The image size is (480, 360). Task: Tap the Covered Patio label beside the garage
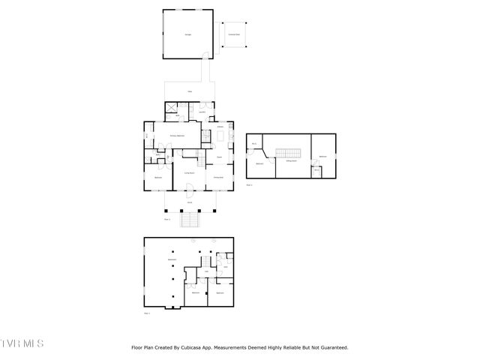pos(235,34)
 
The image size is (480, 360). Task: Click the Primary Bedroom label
pos(176,135)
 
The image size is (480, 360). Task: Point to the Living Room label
pos(190,172)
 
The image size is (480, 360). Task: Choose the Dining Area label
pos(219,177)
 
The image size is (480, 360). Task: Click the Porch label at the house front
pos(190,202)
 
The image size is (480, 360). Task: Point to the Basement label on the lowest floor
pos(172,259)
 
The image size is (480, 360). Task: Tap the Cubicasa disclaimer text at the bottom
pos(240,347)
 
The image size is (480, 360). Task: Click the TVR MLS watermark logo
pos(22,344)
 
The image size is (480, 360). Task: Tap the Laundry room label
pos(202,112)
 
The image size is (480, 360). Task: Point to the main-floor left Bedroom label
pos(159,177)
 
